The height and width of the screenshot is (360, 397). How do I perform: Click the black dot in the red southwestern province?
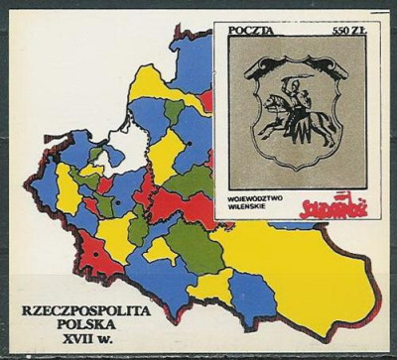(95, 253)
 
